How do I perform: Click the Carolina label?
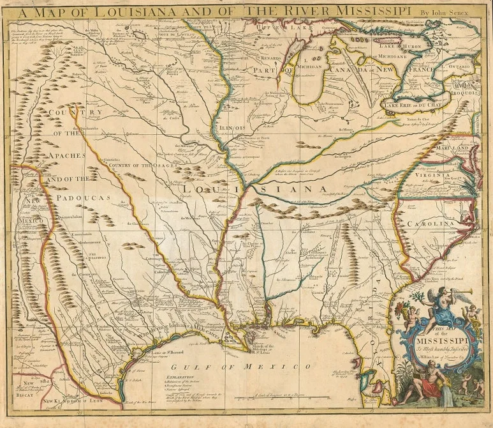[x=430, y=224]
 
